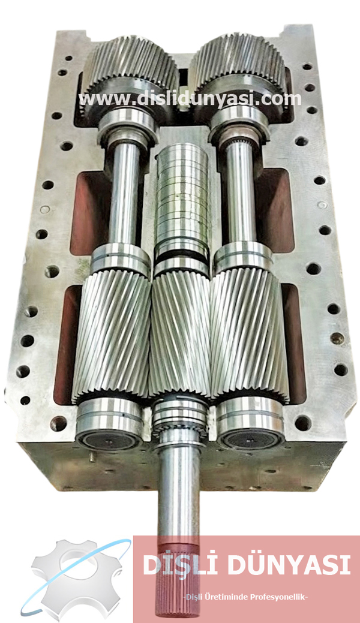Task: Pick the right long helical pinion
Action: pyautogui.click(x=249, y=336)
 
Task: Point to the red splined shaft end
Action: pyautogui.click(x=178, y=576)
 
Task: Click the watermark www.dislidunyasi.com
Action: pyautogui.click(x=190, y=98)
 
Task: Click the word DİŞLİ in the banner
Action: pyautogui.click(x=175, y=565)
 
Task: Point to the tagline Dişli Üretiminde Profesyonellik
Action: pyautogui.click(x=245, y=595)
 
